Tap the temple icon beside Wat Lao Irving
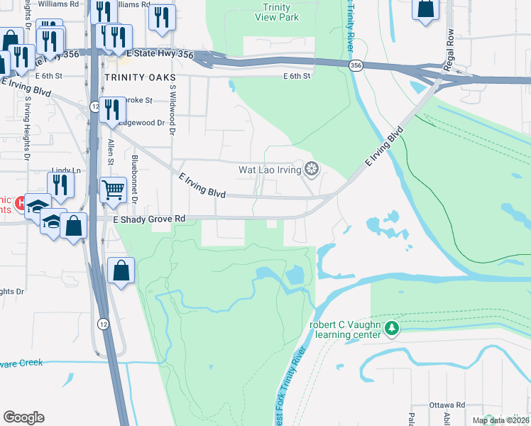310,169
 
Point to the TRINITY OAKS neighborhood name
136,77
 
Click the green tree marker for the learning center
391,327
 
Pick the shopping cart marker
113,190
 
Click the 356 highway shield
354,65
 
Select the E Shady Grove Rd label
149,219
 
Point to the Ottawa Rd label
447,405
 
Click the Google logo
23,417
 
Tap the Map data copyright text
500,420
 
